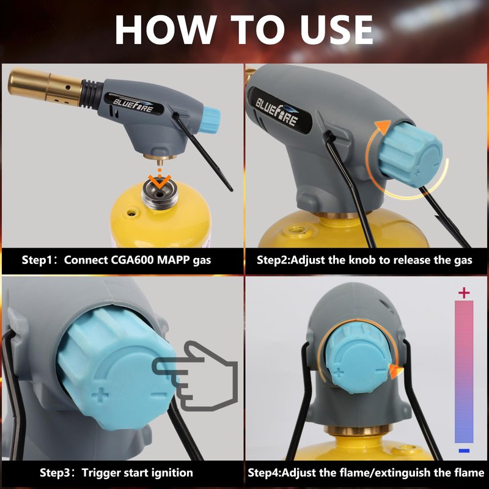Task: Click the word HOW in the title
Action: [165, 29]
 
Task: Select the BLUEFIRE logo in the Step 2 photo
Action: [277, 111]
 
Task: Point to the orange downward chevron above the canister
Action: [160, 181]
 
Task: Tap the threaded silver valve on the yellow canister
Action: [160, 196]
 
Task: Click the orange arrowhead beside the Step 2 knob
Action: [383, 127]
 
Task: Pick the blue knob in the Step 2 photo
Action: [411, 154]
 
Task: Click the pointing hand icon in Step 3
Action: [195, 376]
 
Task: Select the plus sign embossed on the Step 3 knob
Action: [100, 395]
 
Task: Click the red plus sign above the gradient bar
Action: [464, 293]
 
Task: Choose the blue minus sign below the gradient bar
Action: [464, 450]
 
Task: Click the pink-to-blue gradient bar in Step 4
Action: [464, 372]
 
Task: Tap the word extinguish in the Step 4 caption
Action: [405, 472]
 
